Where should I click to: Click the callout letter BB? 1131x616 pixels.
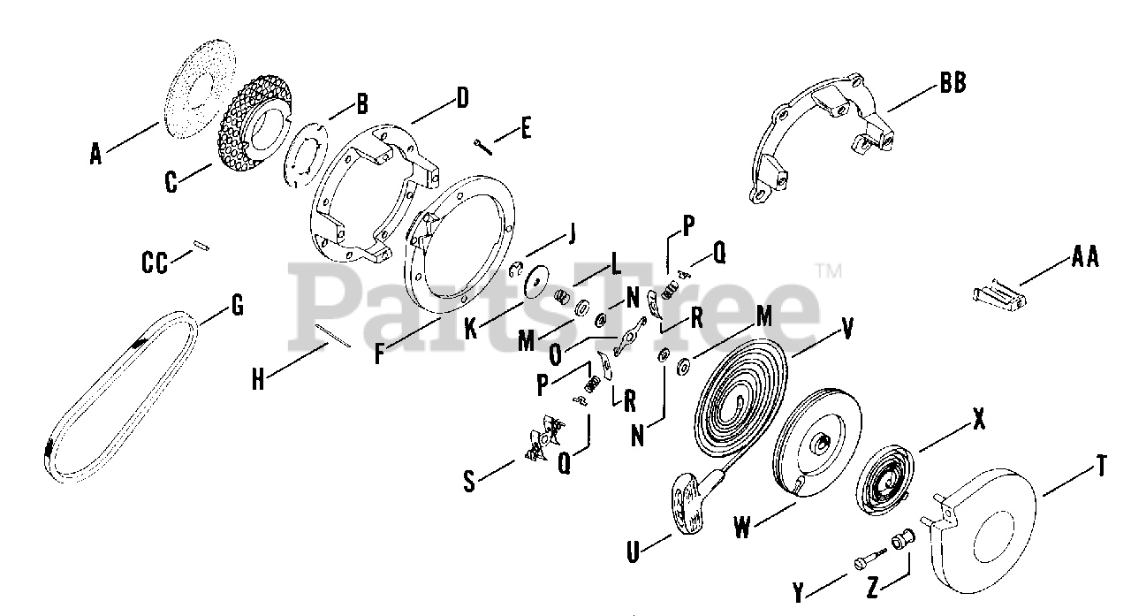953,83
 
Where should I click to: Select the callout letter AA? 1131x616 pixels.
1084,257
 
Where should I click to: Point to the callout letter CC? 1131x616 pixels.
156,262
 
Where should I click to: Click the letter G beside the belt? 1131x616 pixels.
236,307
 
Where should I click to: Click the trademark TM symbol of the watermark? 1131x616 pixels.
827,270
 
